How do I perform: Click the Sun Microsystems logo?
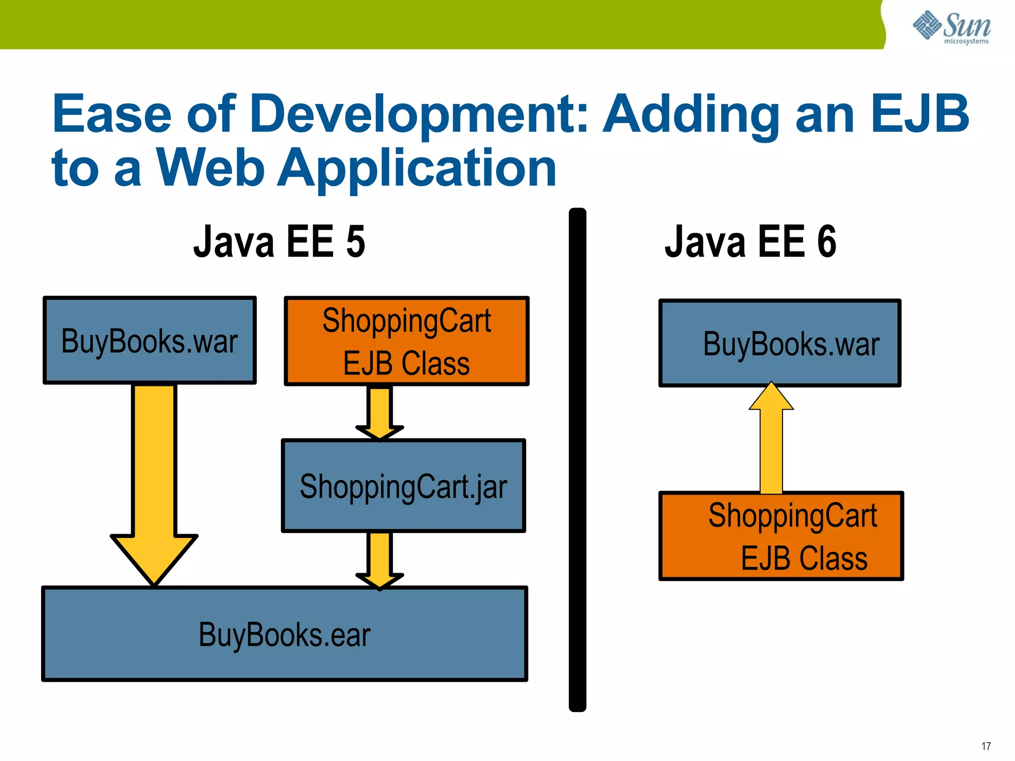(951, 27)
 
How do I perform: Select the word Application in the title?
(417, 169)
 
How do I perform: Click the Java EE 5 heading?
(279, 242)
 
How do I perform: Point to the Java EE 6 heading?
(750, 242)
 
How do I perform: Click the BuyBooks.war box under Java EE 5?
(150, 340)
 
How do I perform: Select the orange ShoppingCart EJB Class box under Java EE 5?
(406, 341)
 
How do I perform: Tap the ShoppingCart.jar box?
(403, 486)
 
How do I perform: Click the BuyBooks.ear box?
(284, 634)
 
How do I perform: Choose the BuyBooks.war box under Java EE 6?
(780, 343)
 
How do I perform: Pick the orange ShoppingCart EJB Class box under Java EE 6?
(781, 536)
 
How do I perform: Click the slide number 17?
(986, 746)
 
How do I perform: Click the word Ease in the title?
(112, 115)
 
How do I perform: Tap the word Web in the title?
(210, 169)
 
